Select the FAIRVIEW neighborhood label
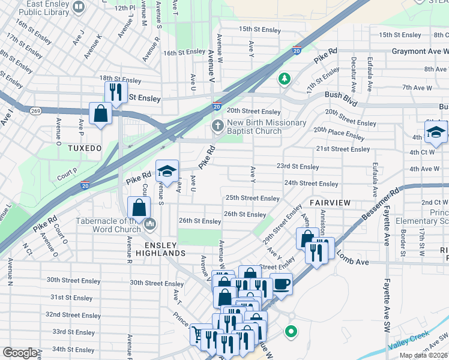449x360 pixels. coord(330,203)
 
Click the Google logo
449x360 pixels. coord(20,353)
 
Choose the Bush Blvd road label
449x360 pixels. coord(341,95)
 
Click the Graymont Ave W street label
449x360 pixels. coord(420,52)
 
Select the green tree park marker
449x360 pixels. coord(284,79)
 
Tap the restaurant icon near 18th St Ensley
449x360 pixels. coord(114,92)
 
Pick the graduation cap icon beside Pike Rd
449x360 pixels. coord(167,171)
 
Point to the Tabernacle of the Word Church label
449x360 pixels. coord(108,225)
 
